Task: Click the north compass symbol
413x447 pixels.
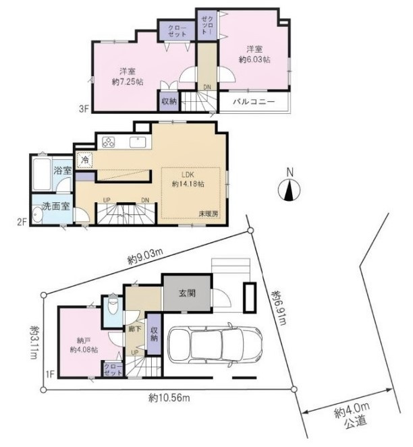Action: click(x=289, y=191)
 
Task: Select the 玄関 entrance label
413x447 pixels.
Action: click(x=186, y=293)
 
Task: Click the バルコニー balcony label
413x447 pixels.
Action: click(x=254, y=102)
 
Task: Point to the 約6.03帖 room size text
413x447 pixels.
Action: click(x=254, y=60)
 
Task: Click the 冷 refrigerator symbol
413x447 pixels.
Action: click(x=84, y=160)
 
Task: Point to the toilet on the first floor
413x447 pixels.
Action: click(x=112, y=308)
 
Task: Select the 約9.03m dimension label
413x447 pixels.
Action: click(x=144, y=256)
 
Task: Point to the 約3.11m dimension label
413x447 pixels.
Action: click(x=34, y=342)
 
